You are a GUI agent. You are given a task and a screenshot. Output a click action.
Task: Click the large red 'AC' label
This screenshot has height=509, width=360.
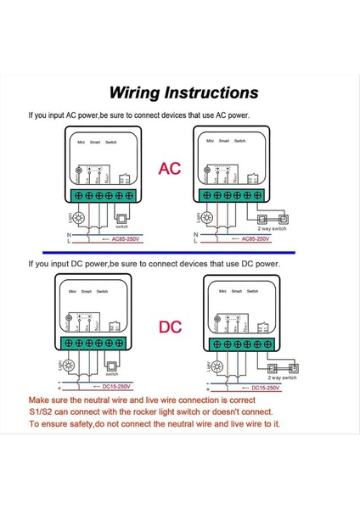[171, 169]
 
